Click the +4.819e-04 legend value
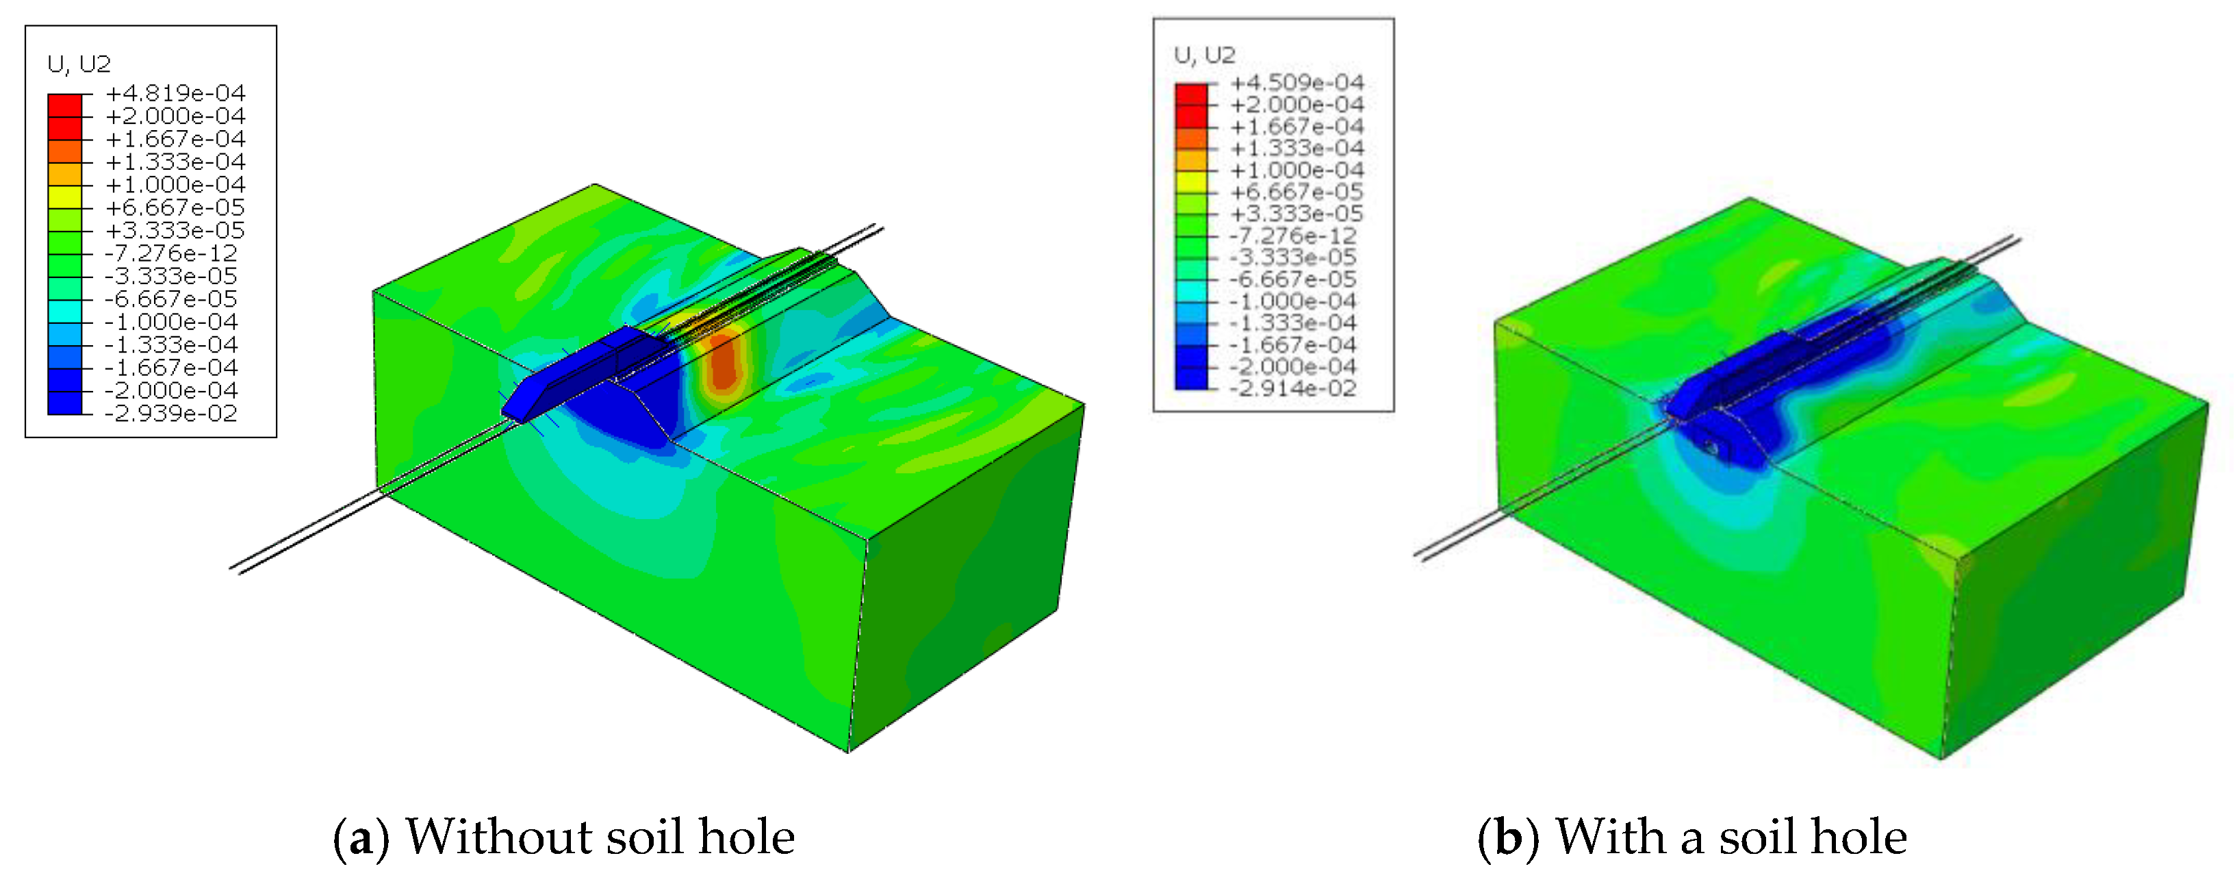coord(175,93)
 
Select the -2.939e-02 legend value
coord(171,413)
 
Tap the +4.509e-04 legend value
coord(1297,82)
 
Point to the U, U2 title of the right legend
coord(1204,55)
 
